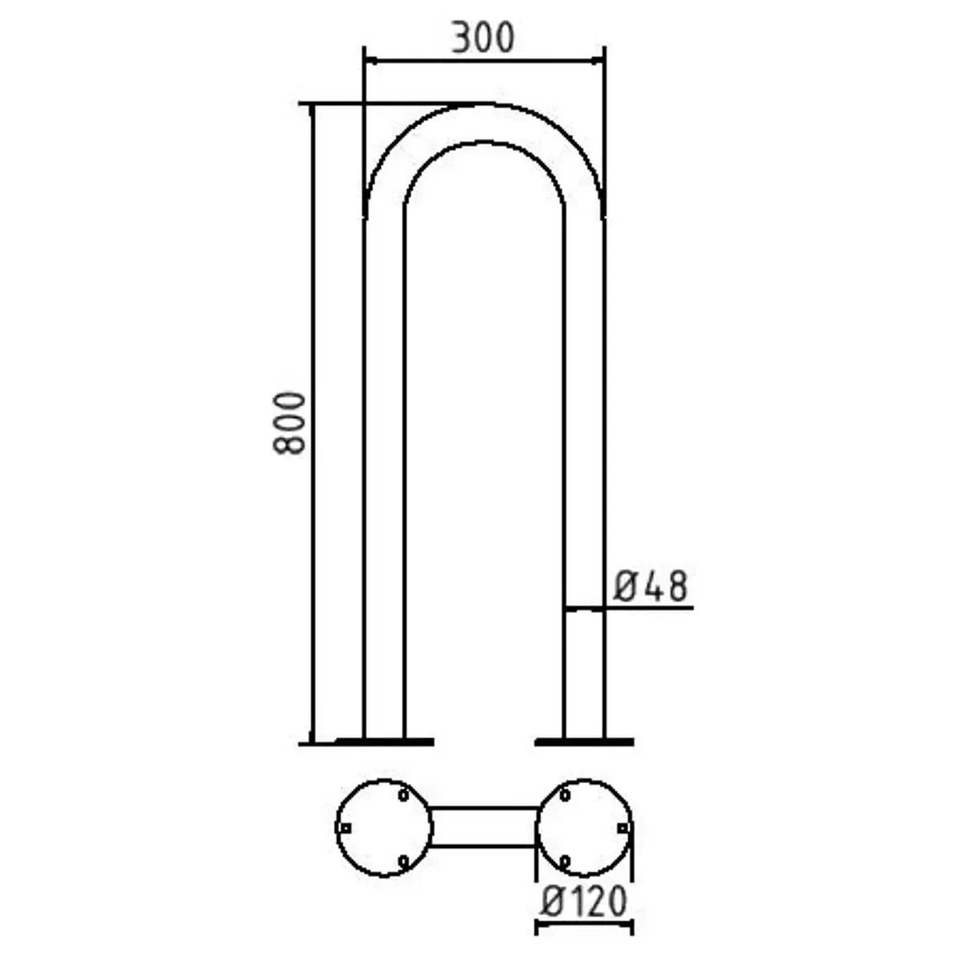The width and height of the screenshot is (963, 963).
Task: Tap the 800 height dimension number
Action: (x=289, y=424)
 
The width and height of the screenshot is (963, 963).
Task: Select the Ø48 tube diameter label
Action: (x=651, y=587)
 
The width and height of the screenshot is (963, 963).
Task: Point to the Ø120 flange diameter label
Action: (x=583, y=902)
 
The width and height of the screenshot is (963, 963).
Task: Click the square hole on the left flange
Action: (x=346, y=827)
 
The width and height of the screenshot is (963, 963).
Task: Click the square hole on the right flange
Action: (x=622, y=827)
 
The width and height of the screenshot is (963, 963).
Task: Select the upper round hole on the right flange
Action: (x=565, y=794)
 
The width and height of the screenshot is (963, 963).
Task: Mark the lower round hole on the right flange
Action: (x=565, y=860)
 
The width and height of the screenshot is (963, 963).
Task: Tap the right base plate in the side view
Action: (x=584, y=742)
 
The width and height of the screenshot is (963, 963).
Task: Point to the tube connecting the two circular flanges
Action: (x=484, y=827)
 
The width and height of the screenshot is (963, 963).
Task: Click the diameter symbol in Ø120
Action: (x=551, y=903)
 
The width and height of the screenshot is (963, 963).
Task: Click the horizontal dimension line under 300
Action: (x=484, y=59)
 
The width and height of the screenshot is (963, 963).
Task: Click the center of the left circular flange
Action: (x=384, y=827)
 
